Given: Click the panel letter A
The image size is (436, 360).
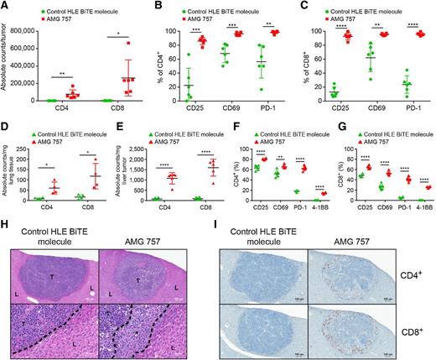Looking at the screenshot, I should (x=5, y=7).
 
